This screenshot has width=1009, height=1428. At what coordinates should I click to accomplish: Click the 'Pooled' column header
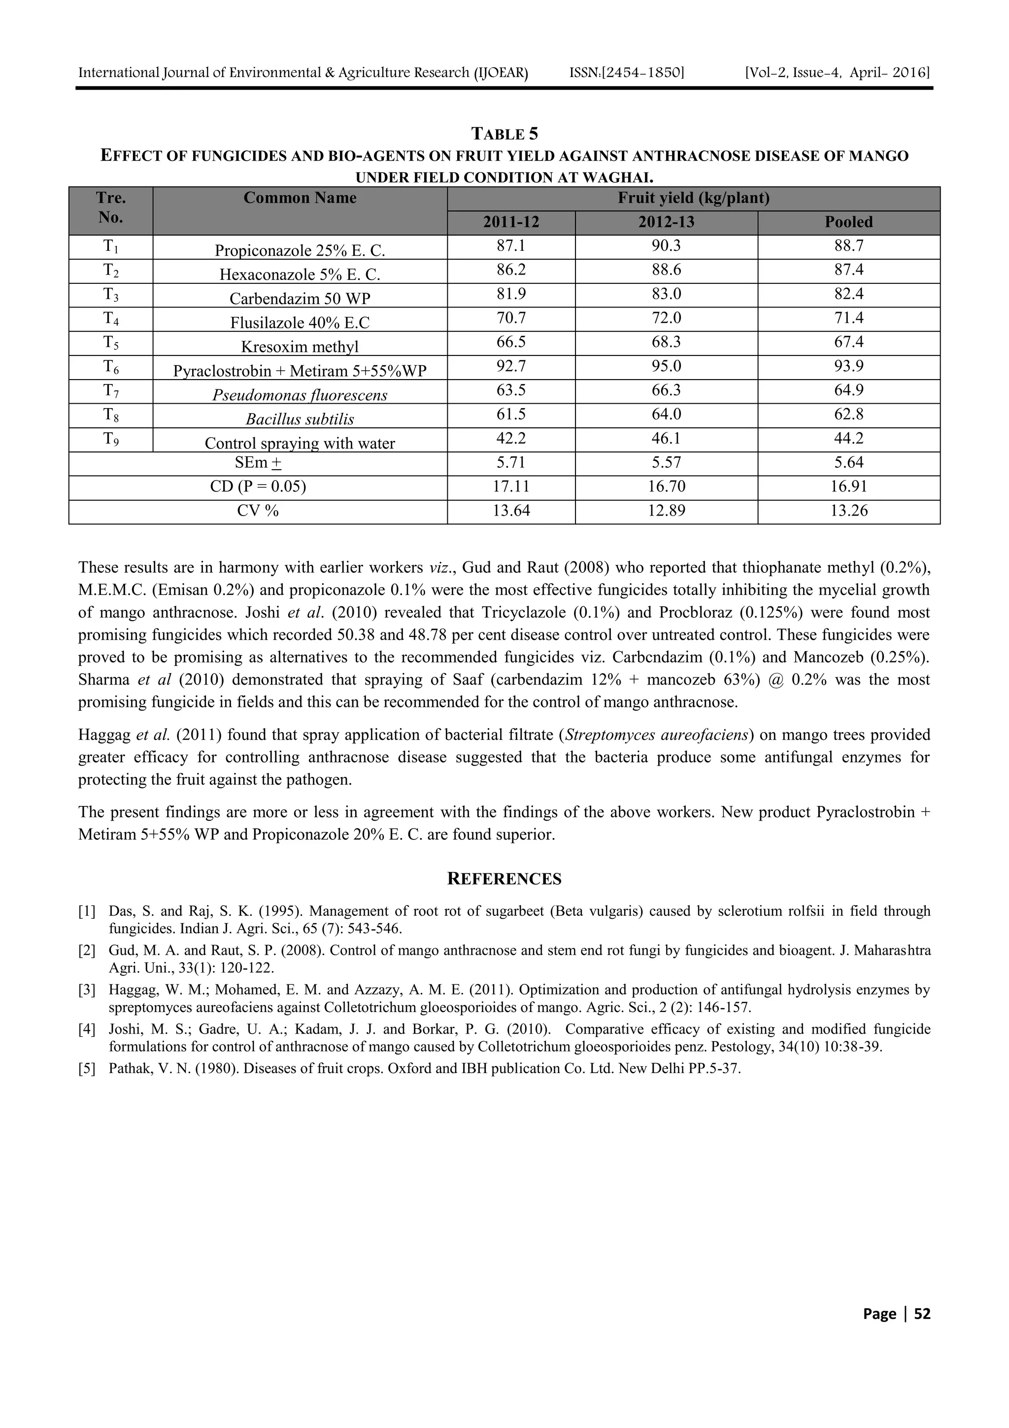tap(848, 222)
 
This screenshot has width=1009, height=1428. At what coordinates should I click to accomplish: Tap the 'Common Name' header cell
tap(300, 198)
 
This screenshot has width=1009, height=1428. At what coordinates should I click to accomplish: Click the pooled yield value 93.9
tap(848, 366)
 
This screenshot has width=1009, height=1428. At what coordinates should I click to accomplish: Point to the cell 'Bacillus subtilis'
tap(300, 419)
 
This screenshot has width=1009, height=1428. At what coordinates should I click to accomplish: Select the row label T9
tap(111, 440)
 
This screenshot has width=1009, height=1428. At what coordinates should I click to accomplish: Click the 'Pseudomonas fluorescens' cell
tap(300, 395)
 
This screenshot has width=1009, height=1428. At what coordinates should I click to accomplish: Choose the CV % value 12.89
tap(667, 511)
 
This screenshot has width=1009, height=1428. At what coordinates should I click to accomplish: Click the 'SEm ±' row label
tap(258, 463)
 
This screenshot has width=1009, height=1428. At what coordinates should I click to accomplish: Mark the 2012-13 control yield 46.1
tap(667, 439)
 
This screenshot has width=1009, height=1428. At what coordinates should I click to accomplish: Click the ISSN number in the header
tap(627, 73)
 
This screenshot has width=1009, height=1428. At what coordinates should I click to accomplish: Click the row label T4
tap(111, 319)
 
